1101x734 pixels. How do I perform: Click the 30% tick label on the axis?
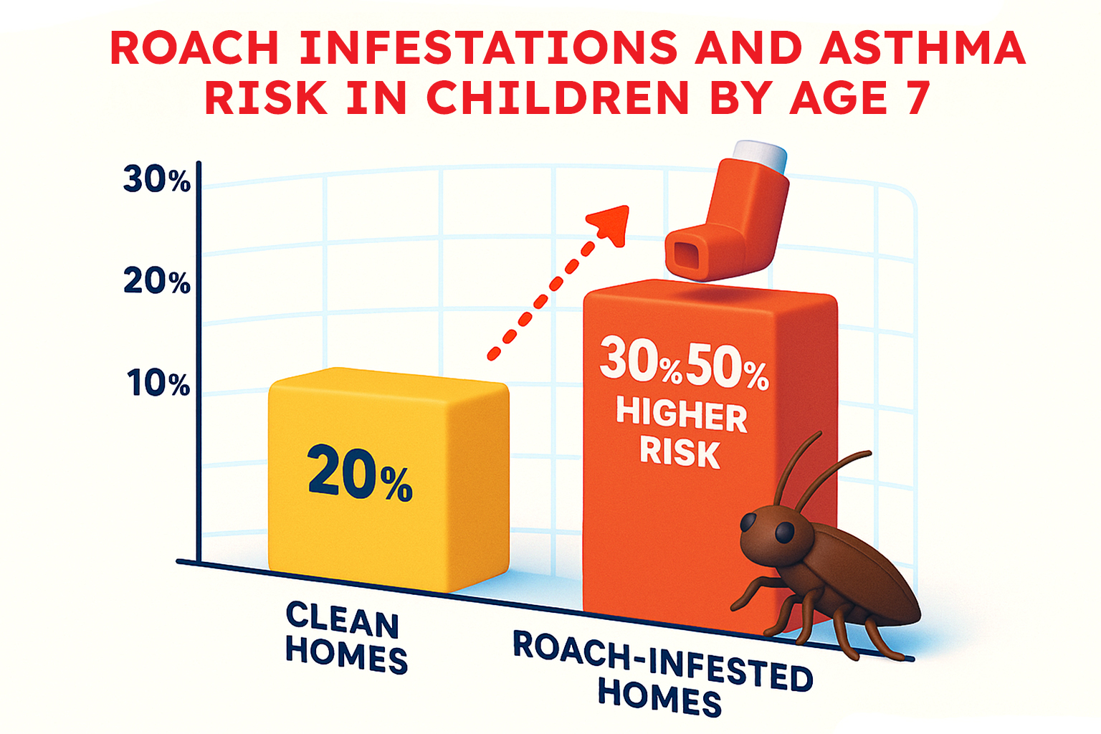(157, 179)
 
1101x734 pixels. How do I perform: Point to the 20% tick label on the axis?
(157, 281)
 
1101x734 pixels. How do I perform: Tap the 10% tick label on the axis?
(158, 383)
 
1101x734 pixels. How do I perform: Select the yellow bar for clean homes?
(389, 480)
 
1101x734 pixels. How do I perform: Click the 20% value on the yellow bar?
(360, 472)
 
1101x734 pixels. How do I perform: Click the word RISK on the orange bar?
(680, 452)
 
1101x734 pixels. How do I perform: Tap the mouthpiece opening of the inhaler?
(685, 254)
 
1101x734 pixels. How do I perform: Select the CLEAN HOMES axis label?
(346, 638)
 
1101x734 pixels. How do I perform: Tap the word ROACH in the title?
(195, 48)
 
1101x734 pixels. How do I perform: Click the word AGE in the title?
(839, 97)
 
